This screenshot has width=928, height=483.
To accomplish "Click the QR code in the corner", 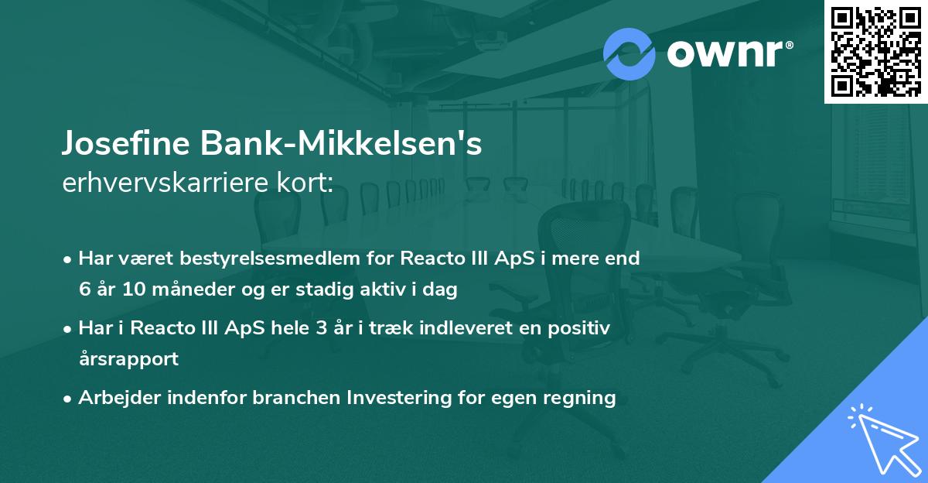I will [875, 52].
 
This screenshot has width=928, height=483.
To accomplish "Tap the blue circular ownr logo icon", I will [629, 53].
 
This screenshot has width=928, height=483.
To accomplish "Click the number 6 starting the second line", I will [84, 290].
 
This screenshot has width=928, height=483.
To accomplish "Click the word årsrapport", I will [128, 359].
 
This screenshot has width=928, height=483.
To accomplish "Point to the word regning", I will [581, 398].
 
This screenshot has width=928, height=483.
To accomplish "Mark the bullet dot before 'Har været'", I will [69, 259].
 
